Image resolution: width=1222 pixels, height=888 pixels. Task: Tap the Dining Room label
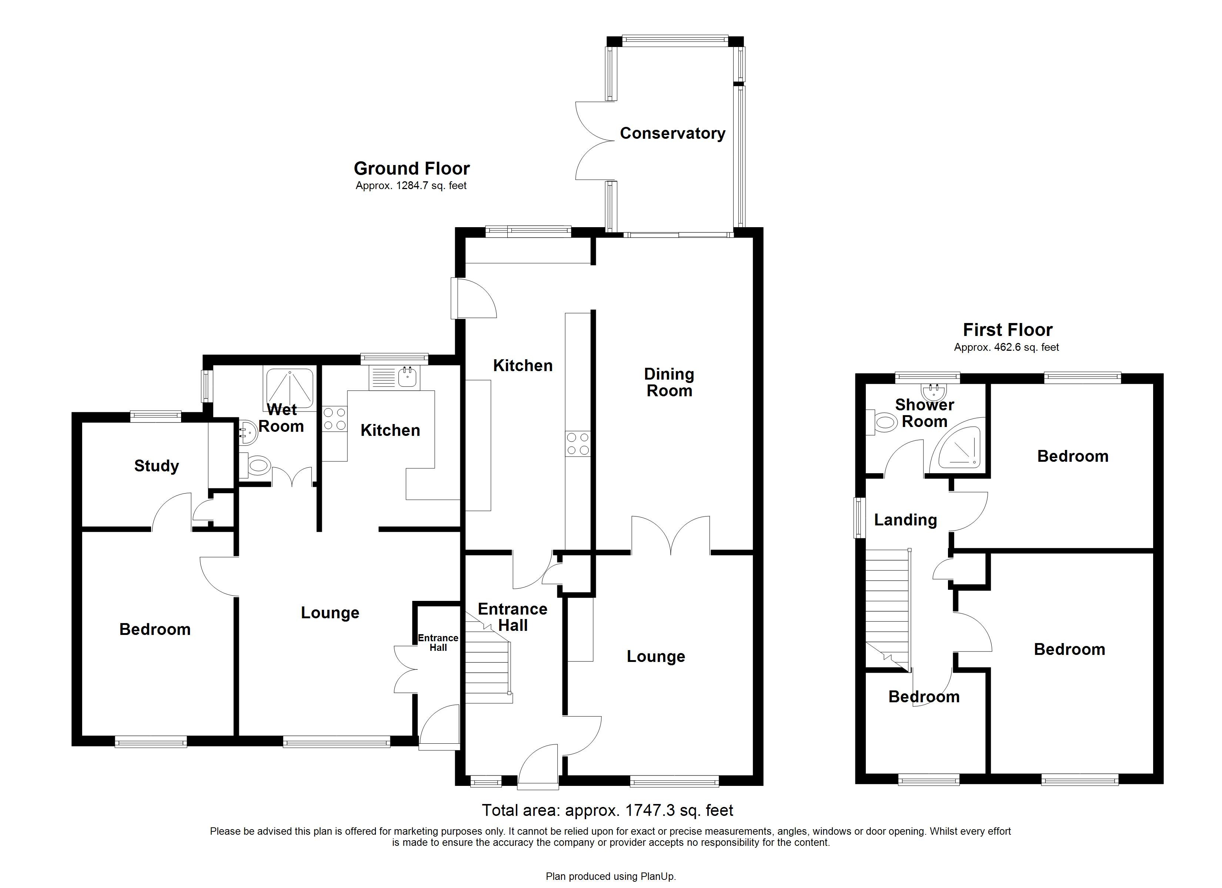669,382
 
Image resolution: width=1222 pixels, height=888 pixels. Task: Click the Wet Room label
281,418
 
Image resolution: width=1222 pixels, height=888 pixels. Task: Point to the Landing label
905,519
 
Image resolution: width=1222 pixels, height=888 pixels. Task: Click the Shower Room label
924,413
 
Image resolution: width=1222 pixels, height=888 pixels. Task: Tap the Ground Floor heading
412,169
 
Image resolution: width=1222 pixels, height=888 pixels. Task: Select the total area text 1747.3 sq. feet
607,810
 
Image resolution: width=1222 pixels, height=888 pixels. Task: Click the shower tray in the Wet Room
289,388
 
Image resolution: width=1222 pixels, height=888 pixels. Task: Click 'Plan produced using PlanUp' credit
611,876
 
